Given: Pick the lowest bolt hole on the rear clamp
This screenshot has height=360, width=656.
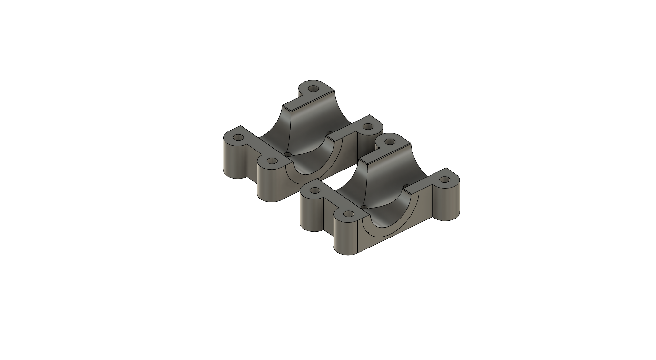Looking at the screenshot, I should [272, 161].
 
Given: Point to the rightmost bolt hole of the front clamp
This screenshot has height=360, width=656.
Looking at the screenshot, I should [445, 179].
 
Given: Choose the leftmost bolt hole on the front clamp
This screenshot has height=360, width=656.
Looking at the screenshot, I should [314, 191].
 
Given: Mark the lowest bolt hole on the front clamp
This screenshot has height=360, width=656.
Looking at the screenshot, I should [348, 214].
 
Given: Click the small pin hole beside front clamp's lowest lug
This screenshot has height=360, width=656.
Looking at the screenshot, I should [365, 207].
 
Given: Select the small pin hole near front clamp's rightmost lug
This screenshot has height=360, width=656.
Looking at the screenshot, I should [407, 186].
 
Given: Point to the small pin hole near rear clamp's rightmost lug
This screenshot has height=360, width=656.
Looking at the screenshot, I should [329, 133].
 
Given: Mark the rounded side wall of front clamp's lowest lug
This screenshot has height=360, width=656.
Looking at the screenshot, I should [345, 238].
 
